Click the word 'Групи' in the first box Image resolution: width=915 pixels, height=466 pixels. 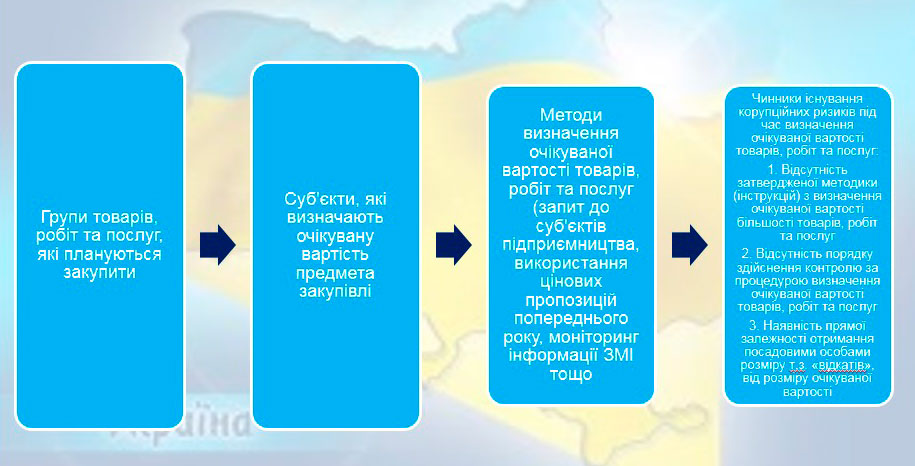pyautogui.click(x=63, y=217)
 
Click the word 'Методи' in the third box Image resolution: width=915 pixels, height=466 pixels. pyautogui.click(x=571, y=115)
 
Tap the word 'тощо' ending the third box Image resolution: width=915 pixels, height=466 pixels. pyautogui.click(x=571, y=374)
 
